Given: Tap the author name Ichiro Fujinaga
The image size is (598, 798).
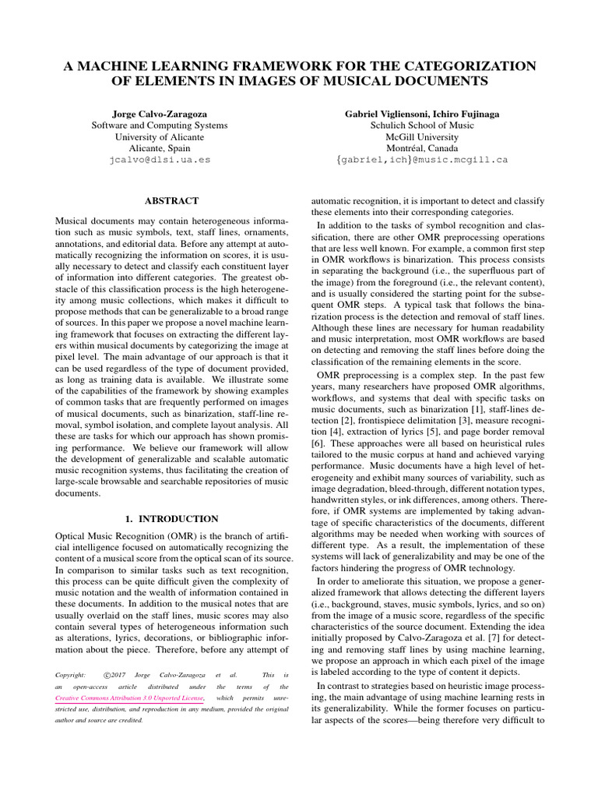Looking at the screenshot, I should (463, 113).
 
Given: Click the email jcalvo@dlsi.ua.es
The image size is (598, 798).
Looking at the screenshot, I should (160, 160).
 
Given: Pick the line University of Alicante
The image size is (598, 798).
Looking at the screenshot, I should (160, 136).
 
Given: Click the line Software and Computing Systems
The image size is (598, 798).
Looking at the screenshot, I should (160, 125).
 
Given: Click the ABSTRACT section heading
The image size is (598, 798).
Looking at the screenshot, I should (171, 200).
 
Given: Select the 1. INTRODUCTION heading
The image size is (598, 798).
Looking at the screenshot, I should (171, 518).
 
